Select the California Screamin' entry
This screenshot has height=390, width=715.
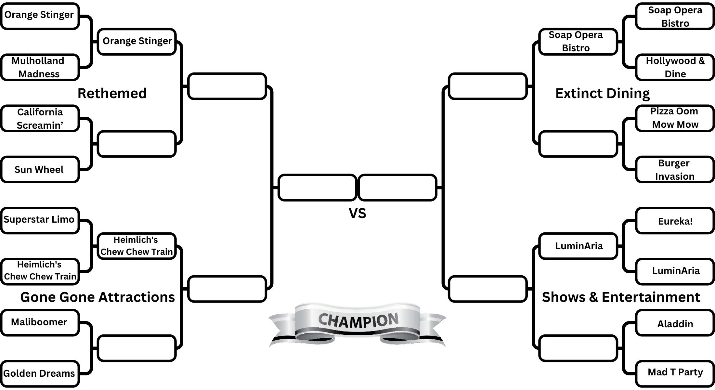click(x=40, y=119)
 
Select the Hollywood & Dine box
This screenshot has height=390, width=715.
click(x=675, y=67)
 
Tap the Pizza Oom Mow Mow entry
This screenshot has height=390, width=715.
click(x=675, y=118)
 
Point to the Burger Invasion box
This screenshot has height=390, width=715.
click(x=675, y=170)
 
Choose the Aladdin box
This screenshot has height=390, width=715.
click(x=675, y=324)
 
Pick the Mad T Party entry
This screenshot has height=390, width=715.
click(x=675, y=372)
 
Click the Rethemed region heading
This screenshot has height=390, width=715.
click(x=112, y=94)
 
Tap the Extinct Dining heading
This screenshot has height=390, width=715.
click(x=602, y=94)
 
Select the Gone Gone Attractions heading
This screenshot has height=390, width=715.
click(x=97, y=297)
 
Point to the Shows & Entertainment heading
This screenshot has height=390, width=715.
click(x=621, y=297)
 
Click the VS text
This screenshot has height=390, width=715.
click(x=357, y=214)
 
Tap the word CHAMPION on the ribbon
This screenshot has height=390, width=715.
click(x=358, y=320)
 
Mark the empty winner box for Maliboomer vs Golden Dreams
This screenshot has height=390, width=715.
click(x=136, y=348)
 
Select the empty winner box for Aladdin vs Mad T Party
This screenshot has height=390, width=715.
click(x=578, y=348)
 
